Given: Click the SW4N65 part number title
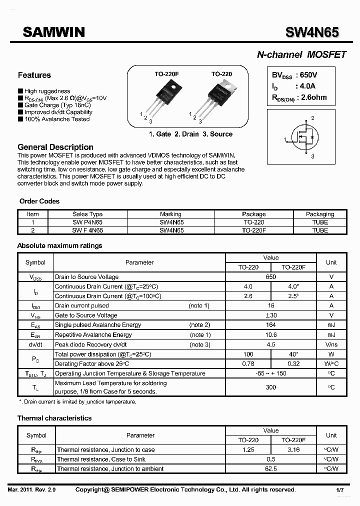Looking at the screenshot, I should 312,33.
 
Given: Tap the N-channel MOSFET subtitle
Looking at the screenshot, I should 301,55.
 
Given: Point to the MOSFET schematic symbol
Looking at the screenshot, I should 305,138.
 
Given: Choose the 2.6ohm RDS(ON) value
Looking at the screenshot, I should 313,97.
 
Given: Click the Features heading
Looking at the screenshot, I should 34,75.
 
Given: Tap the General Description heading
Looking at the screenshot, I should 55,147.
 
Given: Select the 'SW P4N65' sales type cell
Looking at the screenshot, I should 87,222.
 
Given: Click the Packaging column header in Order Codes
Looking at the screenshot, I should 320,214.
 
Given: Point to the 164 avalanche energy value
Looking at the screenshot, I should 271,325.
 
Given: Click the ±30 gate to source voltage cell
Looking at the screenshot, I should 271,315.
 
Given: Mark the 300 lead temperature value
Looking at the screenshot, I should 271,387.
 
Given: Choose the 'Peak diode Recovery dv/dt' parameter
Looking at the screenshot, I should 91,344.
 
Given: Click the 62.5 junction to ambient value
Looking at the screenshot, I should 271,469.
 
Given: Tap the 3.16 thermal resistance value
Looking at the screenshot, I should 293,450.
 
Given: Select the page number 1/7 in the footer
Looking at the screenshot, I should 340,490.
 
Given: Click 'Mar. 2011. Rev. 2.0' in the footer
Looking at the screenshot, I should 32,490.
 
